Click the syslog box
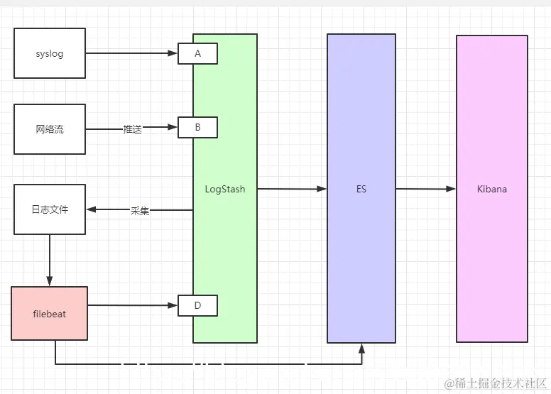tap(50, 53)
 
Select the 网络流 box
tap(50, 129)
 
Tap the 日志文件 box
tap(50, 209)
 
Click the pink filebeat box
tap(50, 313)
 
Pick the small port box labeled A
tap(197, 53)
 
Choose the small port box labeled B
tap(197, 128)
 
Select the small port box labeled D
tap(197, 306)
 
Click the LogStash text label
tap(224, 190)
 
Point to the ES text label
tap(361, 190)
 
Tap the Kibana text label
tap(492, 190)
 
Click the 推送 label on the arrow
tap(132, 129)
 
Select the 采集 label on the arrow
tap(140, 211)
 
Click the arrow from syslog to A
tap(131, 53)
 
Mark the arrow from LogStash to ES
tap(291, 189)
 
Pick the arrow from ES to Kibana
tap(425, 189)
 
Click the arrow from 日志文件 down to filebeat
tap(50, 259)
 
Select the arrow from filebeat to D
tap(131, 306)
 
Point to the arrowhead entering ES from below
tap(361, 348)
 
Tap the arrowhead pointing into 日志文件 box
tap(91, 209)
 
